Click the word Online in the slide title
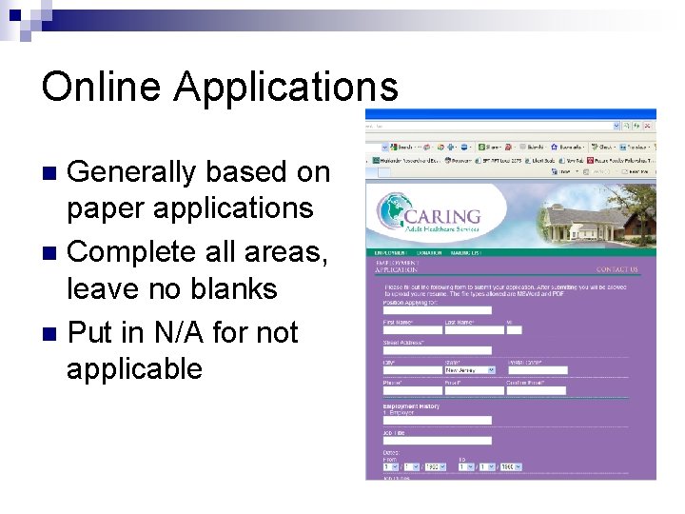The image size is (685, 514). pyautogui.click(x=101, y=87)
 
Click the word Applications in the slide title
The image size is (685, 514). pyautogui.click(x=286, y=89)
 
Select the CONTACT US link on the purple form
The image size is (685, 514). pyautogui.click(x=616, y=269)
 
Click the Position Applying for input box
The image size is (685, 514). pyautogui.click(x=437, y=309)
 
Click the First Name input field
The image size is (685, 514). pyautogui.click(x=412, y=330)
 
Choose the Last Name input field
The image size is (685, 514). pyautogui.click(x=473, y=330)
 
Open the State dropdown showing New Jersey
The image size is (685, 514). pyautogui.click(x=470, y=369)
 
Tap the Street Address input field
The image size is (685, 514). pyautogui.click(x=437, y=349)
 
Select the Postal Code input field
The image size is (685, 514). pyautogui.click(x=537, y=369)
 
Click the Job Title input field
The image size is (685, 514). pyautogui.click(x=437, y=440)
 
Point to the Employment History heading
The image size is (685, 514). pyautogui.click(x=411, y=406)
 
